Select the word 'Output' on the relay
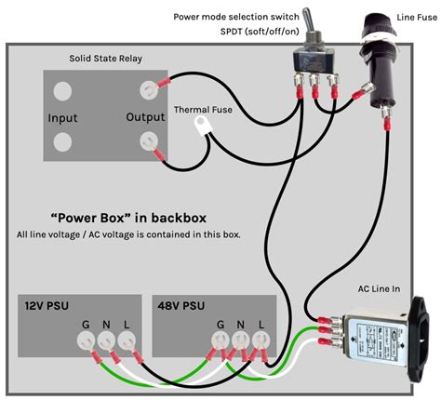(x=145, y=118)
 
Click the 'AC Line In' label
(x=378, y=289)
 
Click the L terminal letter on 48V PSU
(x=262, y=325)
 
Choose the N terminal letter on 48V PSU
(x=242, y=325)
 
